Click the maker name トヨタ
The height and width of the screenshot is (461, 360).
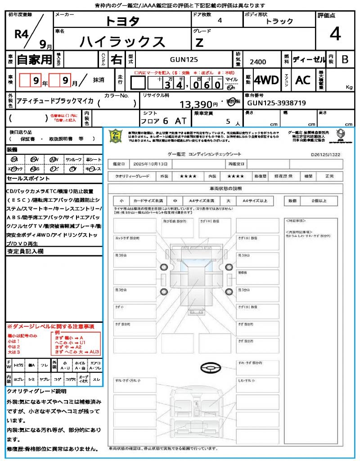click(x=122, y=21)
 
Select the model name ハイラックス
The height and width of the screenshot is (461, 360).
click(x=122, y=41)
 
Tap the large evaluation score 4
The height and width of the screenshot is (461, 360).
click(x=335, y=34)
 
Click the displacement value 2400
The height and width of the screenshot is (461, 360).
click(x=257, y=62)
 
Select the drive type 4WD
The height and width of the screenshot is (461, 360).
click(x=266, y=80)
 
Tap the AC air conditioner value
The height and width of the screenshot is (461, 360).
click(x=302, y=80)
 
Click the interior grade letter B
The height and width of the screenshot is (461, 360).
click(x=345, y=59)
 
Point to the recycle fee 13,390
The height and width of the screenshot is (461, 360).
click(x=196, y=104)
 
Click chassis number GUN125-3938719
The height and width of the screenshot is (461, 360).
click(x=277, y=103)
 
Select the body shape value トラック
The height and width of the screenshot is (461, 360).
click(x=279, y=21)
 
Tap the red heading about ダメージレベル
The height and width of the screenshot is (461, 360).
click(x=50, y=326)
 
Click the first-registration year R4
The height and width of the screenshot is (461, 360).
click(x=22, y=34)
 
